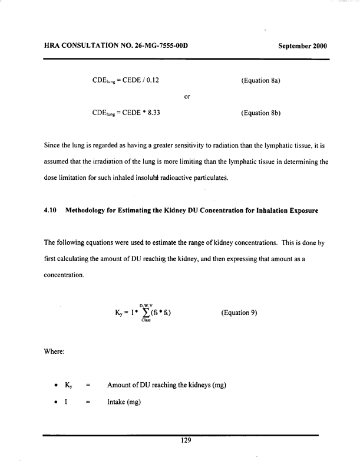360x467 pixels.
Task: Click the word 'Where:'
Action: tap(54, 353)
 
